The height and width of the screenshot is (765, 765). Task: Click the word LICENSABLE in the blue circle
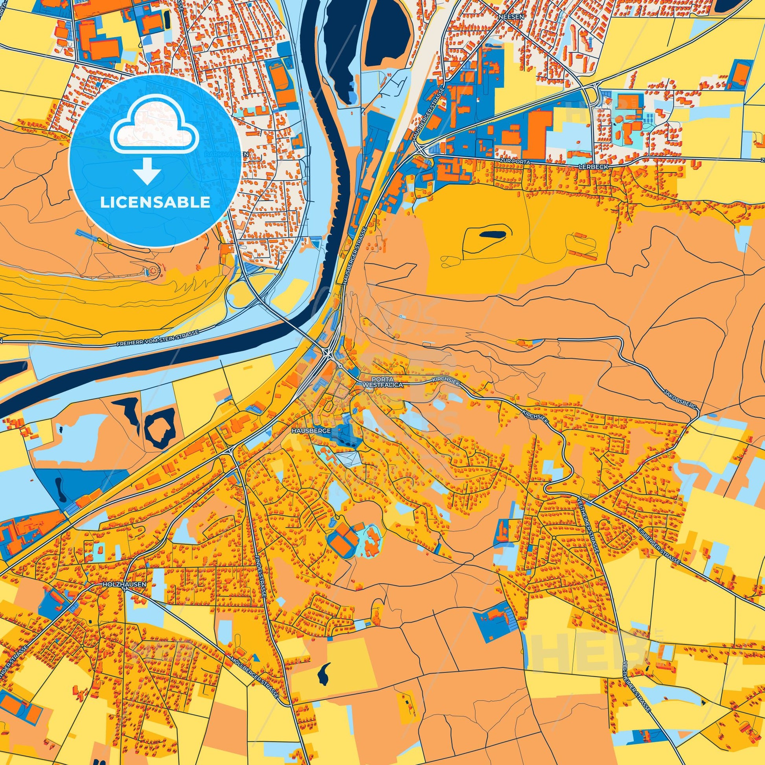pos(155,202)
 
